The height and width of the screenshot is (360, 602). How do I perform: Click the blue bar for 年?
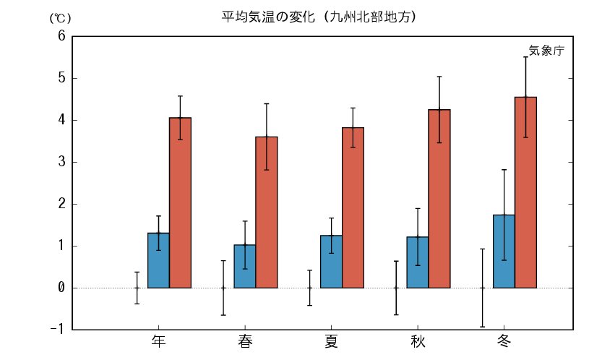158,260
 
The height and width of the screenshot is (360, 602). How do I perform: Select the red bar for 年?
180,202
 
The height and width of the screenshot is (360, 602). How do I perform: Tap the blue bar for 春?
245,266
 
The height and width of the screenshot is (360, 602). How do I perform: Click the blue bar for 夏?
331,262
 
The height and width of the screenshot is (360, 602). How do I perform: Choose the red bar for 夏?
353,207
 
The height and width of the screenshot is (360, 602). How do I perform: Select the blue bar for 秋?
418,262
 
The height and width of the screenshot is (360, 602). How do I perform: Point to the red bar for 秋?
439,199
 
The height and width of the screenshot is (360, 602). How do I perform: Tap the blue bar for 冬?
504,252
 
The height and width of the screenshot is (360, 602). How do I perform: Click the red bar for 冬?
525,192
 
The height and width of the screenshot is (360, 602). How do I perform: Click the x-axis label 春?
245,341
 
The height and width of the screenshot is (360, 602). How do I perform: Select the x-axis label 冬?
504,341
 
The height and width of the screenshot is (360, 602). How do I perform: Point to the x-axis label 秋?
418,341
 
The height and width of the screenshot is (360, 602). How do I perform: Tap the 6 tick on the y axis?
61,36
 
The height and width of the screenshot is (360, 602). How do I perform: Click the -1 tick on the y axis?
58,330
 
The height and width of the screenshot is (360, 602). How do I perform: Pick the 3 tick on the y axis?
61,162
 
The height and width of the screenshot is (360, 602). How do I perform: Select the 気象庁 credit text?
546,51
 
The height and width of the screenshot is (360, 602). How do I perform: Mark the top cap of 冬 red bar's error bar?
525,57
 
